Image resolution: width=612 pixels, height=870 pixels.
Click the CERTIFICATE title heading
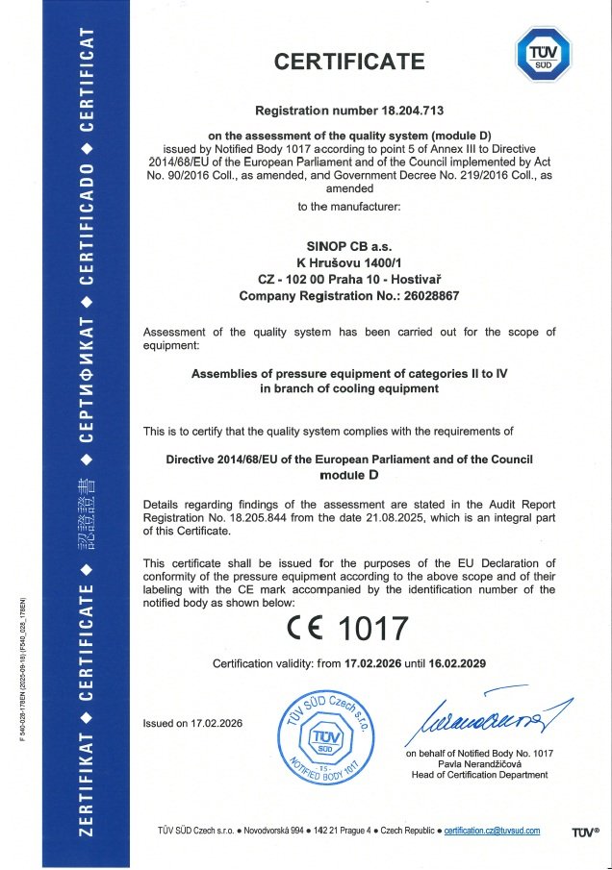(x=349, y=62)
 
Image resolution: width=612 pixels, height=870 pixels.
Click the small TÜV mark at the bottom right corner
(x=584, y=832)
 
